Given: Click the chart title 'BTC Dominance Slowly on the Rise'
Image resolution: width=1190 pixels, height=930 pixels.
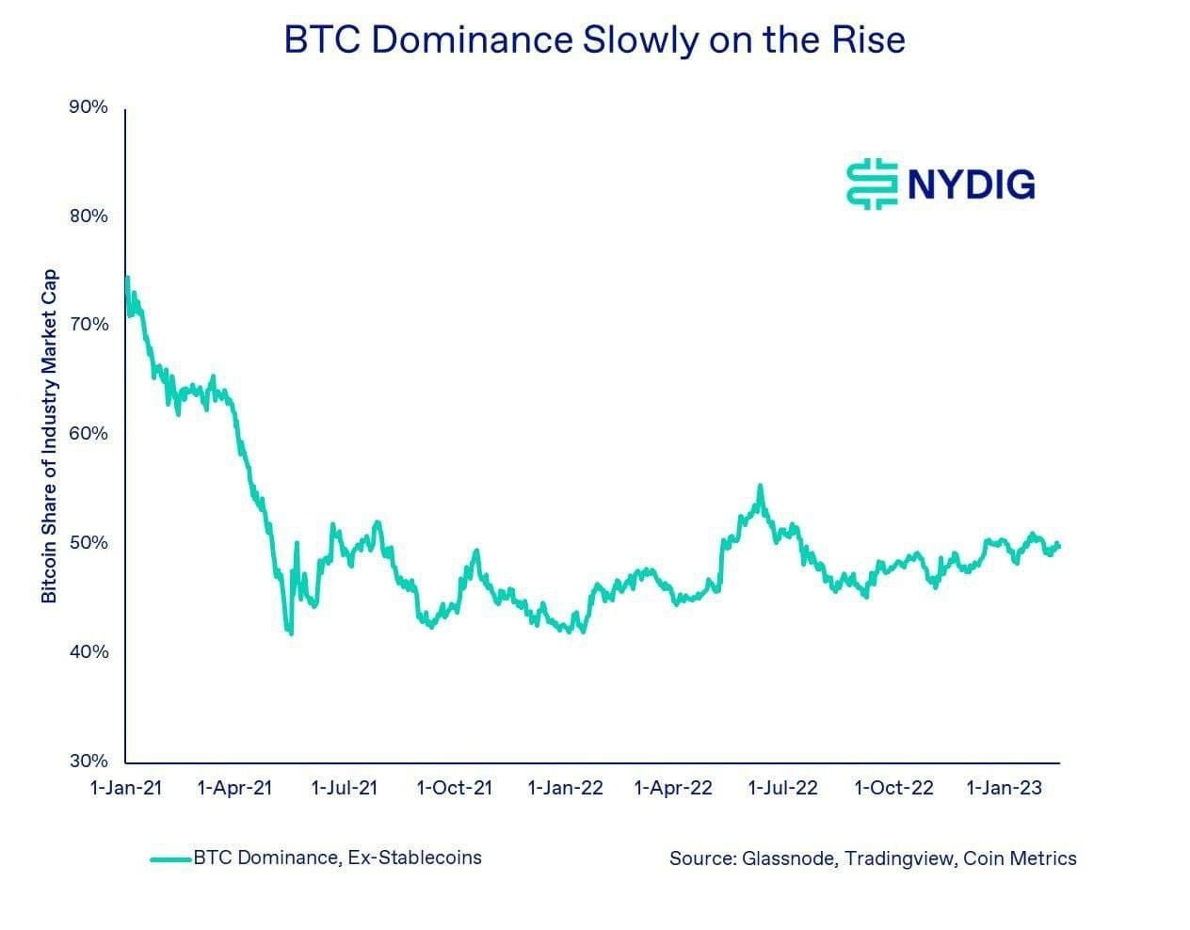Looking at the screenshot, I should click(594, 40).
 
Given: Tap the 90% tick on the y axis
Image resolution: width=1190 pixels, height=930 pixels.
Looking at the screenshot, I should click(88, 107).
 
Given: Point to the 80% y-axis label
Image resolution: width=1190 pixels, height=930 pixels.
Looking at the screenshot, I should click(88, 216).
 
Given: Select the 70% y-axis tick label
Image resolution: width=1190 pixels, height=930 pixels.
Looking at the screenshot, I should click(88, 325).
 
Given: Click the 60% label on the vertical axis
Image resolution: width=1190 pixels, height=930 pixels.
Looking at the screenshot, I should click(88, 434).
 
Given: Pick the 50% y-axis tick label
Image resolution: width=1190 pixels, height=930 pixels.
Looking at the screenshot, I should click(88, 543).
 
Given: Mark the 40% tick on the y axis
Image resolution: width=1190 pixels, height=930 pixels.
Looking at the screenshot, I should click(88, 651).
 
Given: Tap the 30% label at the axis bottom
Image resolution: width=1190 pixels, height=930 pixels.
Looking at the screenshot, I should click(88, 761).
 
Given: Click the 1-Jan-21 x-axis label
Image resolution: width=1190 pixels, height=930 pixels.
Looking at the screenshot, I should click(125, 788).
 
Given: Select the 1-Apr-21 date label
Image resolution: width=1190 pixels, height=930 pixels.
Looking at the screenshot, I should click(234, 788).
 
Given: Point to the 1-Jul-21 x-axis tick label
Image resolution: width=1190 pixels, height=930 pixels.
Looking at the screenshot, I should click(344, 788).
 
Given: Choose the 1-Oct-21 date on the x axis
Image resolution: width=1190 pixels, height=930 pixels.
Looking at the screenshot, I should click(454, 788).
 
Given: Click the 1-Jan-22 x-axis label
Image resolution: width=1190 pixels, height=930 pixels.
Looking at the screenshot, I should click(565, 788).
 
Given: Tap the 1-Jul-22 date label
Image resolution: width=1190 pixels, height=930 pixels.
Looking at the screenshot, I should click(783, 788).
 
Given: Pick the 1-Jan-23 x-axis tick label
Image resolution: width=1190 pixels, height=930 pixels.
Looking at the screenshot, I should click(1005, 788).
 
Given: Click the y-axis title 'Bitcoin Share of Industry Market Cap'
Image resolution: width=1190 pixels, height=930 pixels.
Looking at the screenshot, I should click(49, 436).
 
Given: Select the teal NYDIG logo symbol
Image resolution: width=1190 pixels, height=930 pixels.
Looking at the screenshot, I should click(873, 184).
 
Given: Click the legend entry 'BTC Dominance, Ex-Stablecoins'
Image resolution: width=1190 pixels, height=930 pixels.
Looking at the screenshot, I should click(336, 858).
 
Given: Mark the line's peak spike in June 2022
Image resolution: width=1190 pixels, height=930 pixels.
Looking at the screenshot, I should click(760, 487).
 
